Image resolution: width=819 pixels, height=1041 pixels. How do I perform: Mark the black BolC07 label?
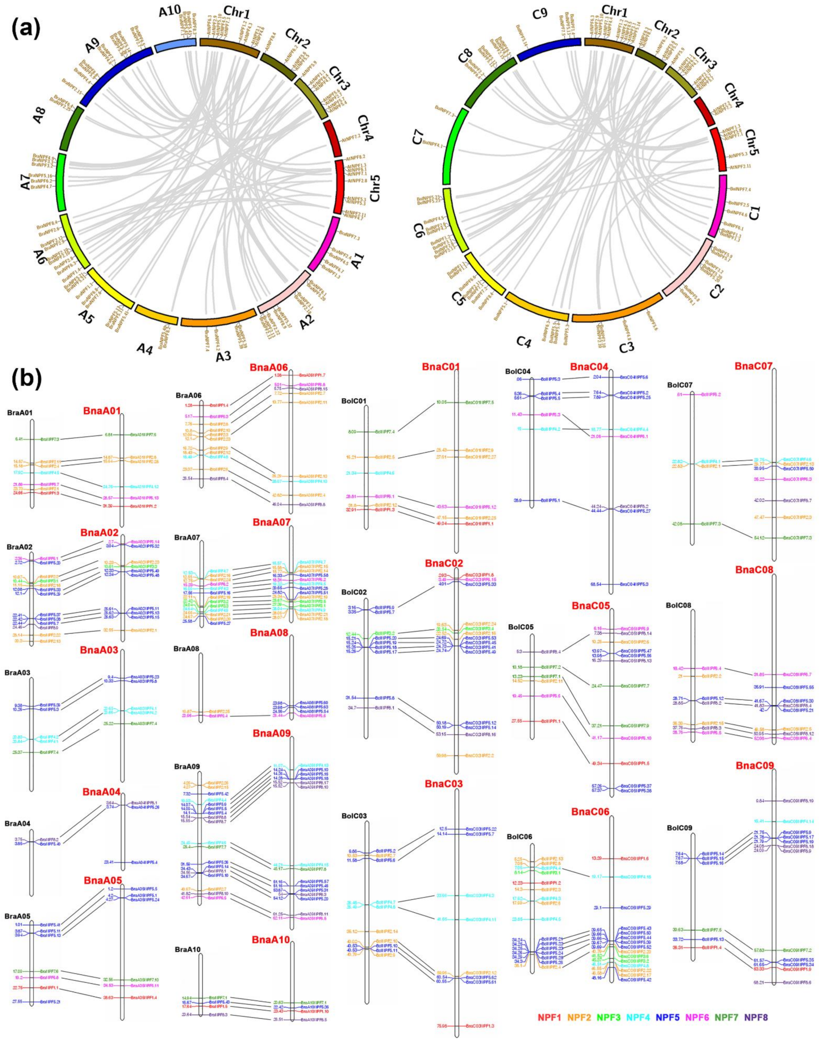pos(680,385)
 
